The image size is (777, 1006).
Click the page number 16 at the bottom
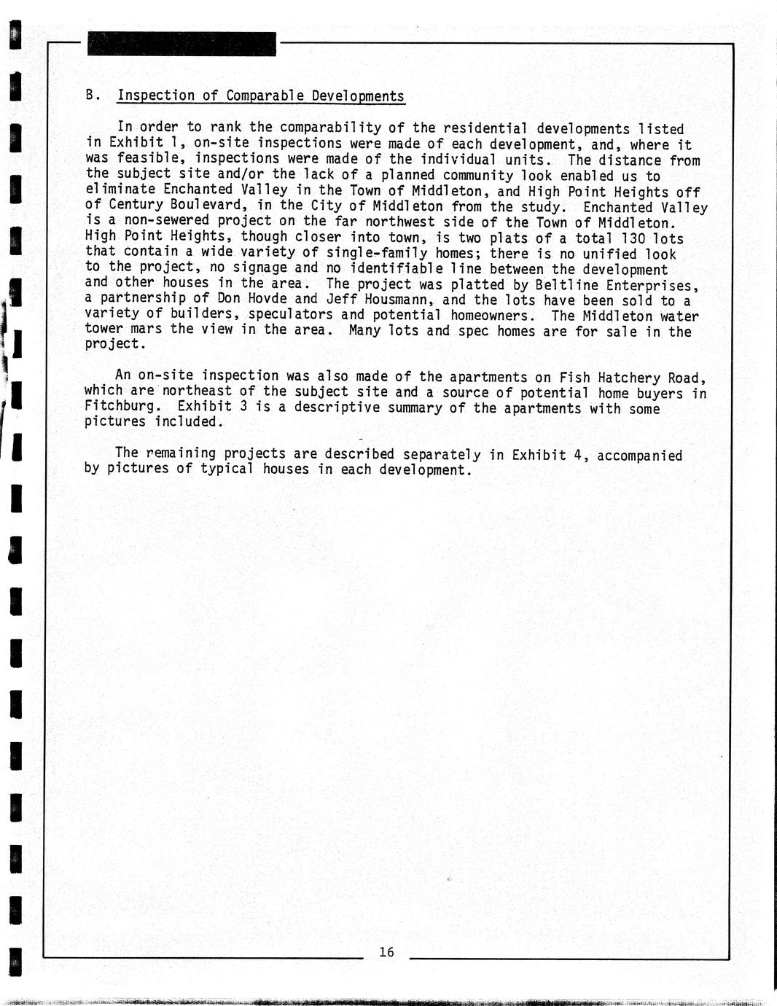[386, 951]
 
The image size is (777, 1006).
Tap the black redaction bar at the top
[181, 44]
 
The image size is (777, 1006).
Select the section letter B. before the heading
[92, 95]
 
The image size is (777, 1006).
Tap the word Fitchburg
[120, 406]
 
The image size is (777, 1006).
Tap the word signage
[259, 268]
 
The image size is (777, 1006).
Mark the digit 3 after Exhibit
[243, 406]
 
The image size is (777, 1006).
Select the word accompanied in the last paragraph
[639, 456]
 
